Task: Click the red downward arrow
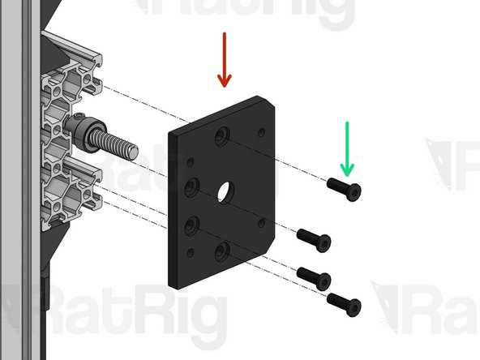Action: click(x=224, y=60)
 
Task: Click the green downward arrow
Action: click(x=347, y=148)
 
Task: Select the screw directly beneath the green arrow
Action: click(x=344, y=188)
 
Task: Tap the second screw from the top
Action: click(x=314, y=238)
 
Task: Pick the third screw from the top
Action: click(x=315, y=276)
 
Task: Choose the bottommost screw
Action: click(x=344, y=304)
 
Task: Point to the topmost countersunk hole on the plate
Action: click(x=221, y=140)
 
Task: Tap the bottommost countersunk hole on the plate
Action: click(x=221, y=255)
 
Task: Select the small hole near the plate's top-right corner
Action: click(x=260, y=131)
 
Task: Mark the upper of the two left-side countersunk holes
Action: click(x=191, y=188)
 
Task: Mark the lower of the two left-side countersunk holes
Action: click(x=191, y=223)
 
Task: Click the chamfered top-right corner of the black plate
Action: click(x=268, y=105)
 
